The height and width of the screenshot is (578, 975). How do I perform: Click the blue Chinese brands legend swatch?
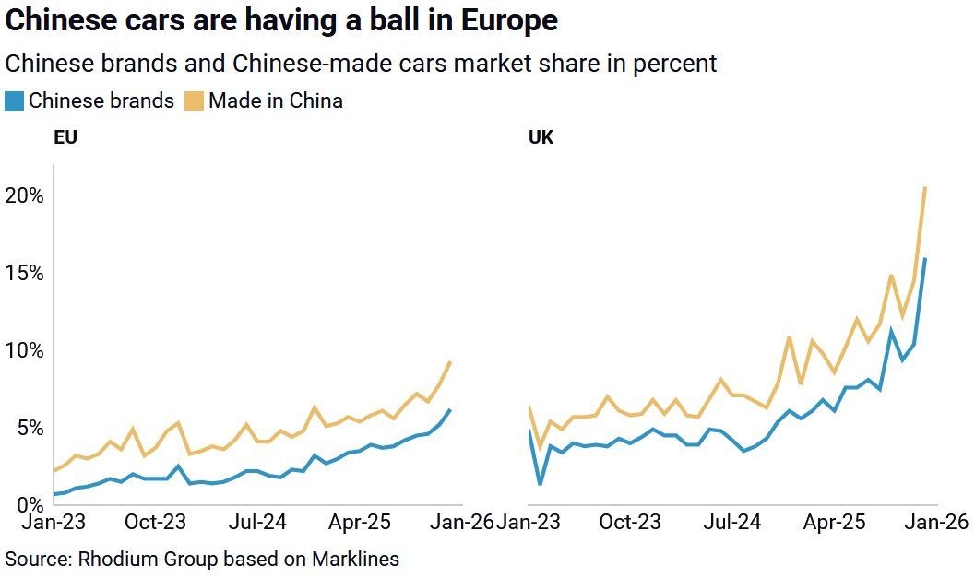click(15, 100)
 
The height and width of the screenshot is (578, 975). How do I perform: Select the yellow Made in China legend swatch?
click(195, 100)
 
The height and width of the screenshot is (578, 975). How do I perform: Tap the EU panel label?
click(65, 138)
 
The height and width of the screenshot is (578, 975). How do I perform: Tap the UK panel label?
click(541, 138)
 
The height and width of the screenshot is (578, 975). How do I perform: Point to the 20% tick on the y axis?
click(23, 195)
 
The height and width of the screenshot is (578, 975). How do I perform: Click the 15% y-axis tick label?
click(23, 273)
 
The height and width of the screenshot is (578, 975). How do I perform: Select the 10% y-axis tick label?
click(23, 350)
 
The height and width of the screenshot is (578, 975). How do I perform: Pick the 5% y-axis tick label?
click(28, 428)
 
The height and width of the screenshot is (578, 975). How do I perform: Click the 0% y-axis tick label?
click(28, 504)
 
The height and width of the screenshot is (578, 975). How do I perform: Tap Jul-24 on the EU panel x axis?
click(257, 523)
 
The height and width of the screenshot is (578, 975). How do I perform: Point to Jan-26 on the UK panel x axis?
click(938, 523)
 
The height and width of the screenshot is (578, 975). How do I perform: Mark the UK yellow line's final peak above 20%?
click(925, 188)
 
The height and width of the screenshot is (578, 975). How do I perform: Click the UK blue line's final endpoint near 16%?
click(925, 259)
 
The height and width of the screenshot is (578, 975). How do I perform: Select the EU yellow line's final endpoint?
click(449, 362)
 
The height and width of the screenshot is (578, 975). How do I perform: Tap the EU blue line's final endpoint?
click(449, 410)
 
